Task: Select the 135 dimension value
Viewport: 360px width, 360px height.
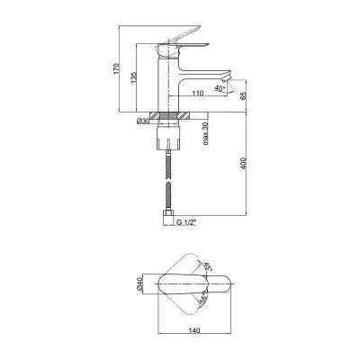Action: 134,78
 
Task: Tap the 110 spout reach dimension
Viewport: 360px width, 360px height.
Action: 198,93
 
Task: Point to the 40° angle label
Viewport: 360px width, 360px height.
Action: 220,88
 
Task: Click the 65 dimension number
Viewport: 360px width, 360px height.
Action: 244,95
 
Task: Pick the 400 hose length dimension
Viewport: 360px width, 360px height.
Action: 244,164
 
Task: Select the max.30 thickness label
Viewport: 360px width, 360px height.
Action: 206,133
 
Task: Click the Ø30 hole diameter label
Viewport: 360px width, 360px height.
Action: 143,121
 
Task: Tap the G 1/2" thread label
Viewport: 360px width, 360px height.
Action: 186,222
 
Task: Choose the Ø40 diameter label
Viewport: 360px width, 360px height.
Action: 139,283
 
